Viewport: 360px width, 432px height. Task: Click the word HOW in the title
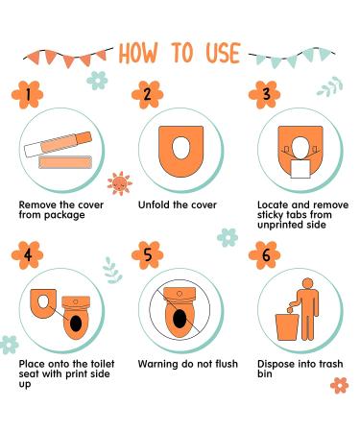[x=138, y=53]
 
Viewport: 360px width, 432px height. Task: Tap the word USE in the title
[x=223, y=53]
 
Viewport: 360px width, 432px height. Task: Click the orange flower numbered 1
[x=27, y=95]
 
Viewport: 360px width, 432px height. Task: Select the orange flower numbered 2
[x=147, y=95]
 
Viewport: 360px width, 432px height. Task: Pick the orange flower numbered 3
[x=265, y=95]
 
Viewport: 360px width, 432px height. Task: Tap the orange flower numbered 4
[x=27, y=255]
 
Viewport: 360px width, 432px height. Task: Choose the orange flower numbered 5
[x=147, y=255]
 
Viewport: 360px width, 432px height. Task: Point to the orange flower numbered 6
[x=265, y=255]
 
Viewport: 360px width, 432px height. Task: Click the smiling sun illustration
[x=120, y=183]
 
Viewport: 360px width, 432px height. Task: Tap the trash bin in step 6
[x=287, y=326]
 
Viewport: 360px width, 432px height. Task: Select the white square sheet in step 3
[x=300, y=169]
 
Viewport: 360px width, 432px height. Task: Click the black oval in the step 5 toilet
[x=180, y=319]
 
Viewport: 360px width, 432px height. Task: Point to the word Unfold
[x=155, y=204]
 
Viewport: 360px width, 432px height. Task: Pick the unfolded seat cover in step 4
[x=43, y=303]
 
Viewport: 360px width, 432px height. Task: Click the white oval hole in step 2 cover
[x=181, y=148]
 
